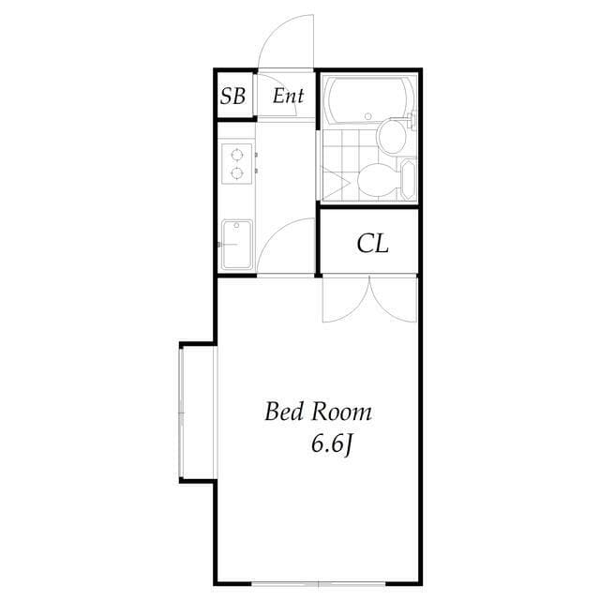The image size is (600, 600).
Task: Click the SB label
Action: click(x=234, y=96)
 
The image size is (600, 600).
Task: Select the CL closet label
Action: click(x=372, y=245)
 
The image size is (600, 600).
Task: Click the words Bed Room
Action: click(x=318, y=412)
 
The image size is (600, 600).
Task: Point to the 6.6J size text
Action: click(x=331, y=443)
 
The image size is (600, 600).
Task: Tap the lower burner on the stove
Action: click(x=238, y=172)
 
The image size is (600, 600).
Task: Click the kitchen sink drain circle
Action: click(x=225, y=245)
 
